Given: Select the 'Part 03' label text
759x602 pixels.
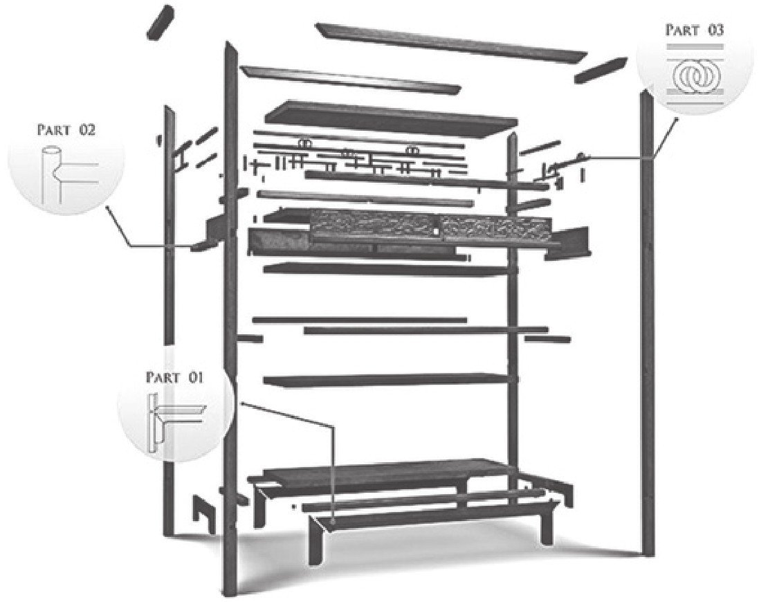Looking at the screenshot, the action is tap(695, 30).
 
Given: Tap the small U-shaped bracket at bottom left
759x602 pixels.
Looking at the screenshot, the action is tap(204, 513).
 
